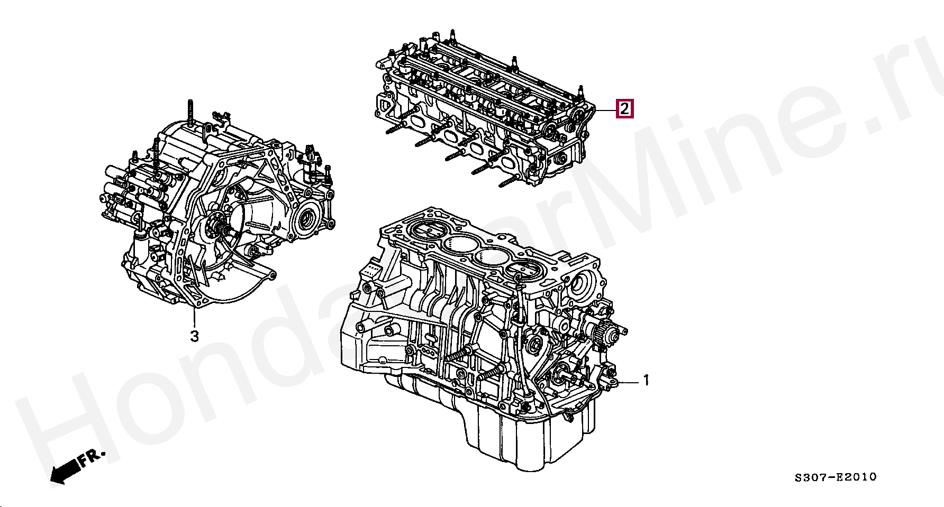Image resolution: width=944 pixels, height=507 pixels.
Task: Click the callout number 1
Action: (x=646, y=380)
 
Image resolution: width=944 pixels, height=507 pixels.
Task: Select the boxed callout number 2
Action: (x=624, y=109)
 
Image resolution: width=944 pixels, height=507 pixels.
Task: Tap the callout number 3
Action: (x=194, y=336)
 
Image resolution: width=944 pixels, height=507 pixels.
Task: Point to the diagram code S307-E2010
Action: (x=836, y=477)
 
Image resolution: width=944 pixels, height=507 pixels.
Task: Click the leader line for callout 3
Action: (x=194, y=316)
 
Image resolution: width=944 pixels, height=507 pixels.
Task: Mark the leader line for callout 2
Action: (x=605, y=110)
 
